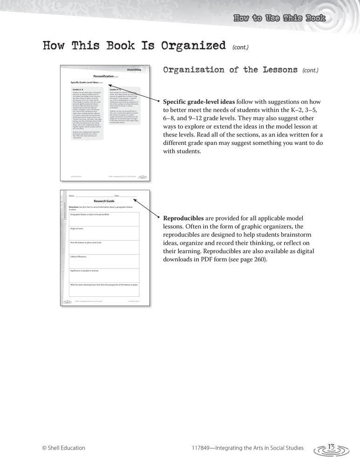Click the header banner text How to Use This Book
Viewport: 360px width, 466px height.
[278, 18]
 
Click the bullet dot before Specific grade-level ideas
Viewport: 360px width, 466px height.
[159, 102]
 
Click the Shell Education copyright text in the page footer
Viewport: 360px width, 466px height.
[64, 448]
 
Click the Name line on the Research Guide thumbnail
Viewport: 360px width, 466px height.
[88, 196]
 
